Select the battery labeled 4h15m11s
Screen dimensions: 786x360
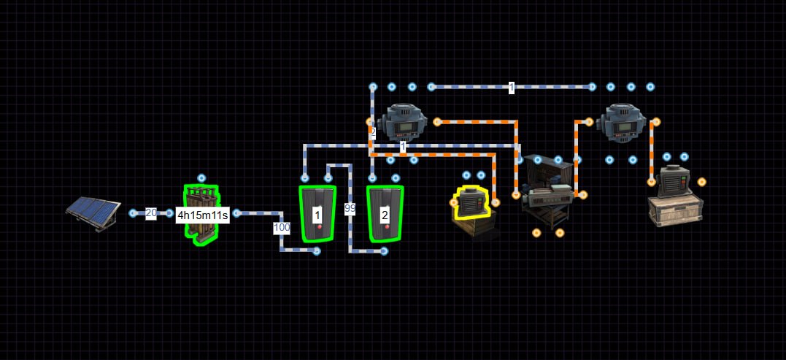point(201,215)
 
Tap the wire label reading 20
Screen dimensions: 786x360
point(151,213)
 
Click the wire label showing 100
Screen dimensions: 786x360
point(282,228)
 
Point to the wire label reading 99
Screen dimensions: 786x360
point(350,209)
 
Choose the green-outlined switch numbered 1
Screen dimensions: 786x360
point(317,214)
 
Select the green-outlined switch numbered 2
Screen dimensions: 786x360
point(385,214)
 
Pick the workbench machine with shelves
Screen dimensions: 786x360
point(547,191)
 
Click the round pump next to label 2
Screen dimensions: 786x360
point(404,123)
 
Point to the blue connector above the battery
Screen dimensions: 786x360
point(201,178)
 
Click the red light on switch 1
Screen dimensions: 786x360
point(320,226)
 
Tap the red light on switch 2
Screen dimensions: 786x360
point(387,226)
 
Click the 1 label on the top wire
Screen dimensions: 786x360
point(512,88)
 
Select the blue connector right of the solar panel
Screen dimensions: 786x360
point(133,213)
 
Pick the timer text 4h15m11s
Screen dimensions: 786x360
point(202,217)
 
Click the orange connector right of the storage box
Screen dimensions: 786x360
point(702,182)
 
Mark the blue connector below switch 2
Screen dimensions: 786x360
point(384,251)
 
